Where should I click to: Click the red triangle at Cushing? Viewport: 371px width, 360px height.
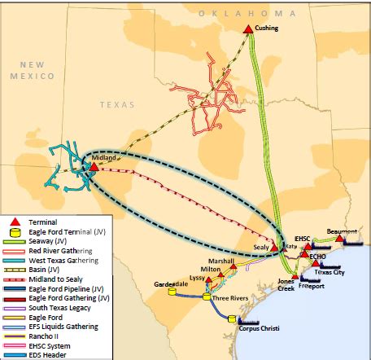click(248, 29)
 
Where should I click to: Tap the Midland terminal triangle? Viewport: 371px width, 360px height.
click(94, 167)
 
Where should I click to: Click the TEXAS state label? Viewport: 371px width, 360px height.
click(116, 104)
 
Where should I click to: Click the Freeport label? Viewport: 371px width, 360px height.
click(311, 286)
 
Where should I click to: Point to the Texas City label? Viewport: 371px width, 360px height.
click(330, 272)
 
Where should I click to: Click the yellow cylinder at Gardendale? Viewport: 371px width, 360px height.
click(172, 292)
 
